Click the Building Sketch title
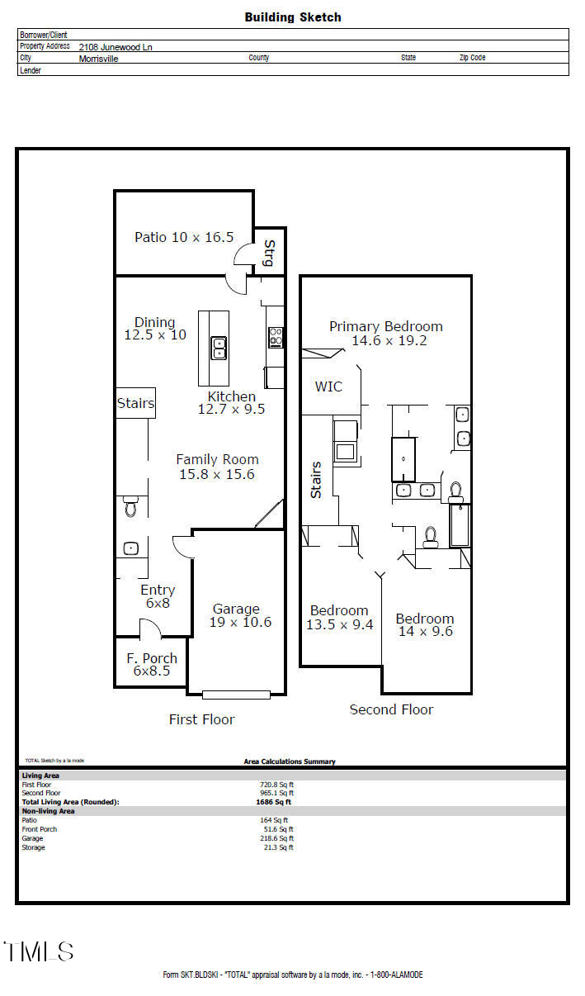click(x=292, y=17)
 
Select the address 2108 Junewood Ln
click(x=116, y=47)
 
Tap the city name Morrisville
click(x=98, y=59)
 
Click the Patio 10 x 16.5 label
click(x=184, y=237)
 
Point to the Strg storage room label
click(x=268, y=252)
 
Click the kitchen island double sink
click(x=219, y=348)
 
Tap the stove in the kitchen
click(x=276, y=337)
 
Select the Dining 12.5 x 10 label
click(x=155, y=329)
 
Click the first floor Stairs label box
click(x=135, y=403)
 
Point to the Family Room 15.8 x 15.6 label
click(x=217, y=467)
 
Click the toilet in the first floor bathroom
click(x=130, y=506)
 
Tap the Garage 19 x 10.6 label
click(x=236, y=615)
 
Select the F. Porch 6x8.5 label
click(x=151, y=665)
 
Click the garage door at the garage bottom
click(x=236, y=694)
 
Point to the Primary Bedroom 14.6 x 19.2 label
click(x=385, y=333)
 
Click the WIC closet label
click(x=328, y=387)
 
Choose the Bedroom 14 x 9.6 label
click(x=424, y=625)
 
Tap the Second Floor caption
click(x=391, y=709)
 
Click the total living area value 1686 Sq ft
click(x=273, y=802)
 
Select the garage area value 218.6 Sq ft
click(x=276, y=838)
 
